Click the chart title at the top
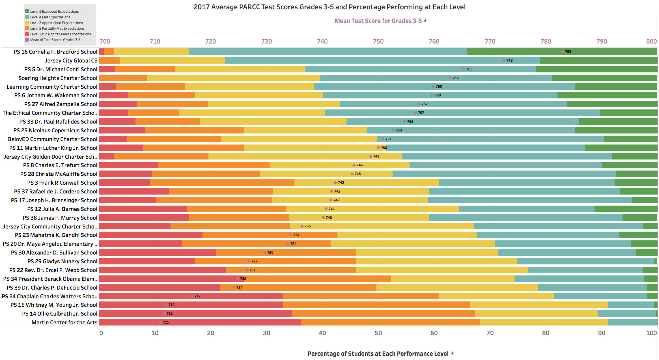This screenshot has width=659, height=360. point(329,7)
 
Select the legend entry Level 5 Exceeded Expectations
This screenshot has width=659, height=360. point(54,12)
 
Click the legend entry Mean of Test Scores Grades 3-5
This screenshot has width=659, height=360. point(55,40)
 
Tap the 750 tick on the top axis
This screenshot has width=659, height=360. point(378,42)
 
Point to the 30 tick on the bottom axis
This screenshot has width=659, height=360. point(266,333)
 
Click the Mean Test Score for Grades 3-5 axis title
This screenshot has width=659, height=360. point(378,21)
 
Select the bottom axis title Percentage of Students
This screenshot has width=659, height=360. point(378,354)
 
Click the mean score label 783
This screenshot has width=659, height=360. point(568,52)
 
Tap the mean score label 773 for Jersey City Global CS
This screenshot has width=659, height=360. point(509,61)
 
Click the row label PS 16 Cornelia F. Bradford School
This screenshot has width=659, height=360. point(55,52)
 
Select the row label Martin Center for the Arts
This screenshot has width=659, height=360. point(64,322)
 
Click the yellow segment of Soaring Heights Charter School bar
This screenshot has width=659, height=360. point(233,78)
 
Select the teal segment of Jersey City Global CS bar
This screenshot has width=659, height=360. point(368,61)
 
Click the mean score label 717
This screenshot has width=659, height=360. point(197,296)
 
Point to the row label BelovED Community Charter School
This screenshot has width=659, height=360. point(53,139)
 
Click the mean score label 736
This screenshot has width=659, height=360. point(307,226)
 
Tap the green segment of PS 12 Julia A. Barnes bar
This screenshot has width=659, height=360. point(626,209)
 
